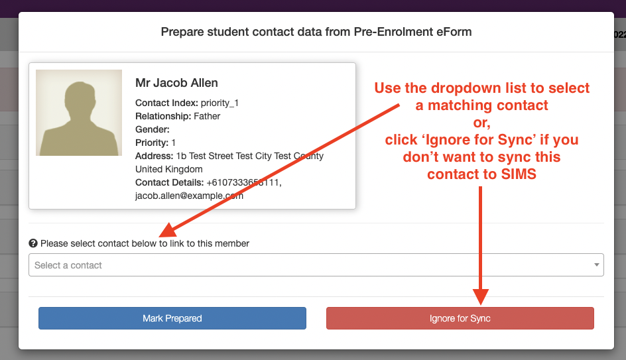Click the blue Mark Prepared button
tap(172, 318)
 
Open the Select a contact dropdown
tap(316, 265)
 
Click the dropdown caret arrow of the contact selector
tap(596, 265)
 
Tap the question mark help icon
tap(33, 243)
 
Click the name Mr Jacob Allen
tap(176, 83)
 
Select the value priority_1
tap(219, 103)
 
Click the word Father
tap(207, 116)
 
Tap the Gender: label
tap(153, 129)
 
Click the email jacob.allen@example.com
tap(189, 196)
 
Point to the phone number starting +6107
tap(244, 182)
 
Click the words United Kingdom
tap(169, 169)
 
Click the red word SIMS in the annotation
tap(519, 174)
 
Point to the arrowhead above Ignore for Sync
tap(481, 297)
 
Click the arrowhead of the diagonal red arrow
tap(168, 230)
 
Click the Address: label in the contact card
tap(154, 156)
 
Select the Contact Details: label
tap(169, 182)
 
